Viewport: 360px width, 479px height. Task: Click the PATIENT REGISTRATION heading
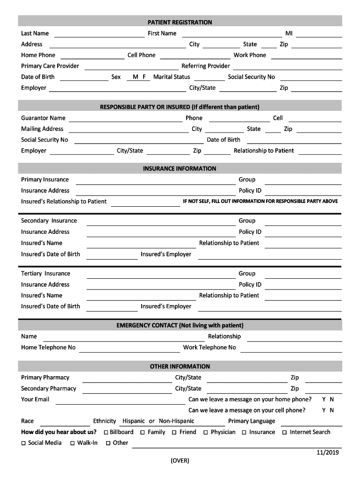(180, 22)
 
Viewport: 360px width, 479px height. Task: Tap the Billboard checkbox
(106, 433)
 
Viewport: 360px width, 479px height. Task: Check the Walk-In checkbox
(73, 443)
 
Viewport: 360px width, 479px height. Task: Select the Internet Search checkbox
(284, 433)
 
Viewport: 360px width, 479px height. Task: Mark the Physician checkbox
(206, 433)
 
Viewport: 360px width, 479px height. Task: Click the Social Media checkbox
(24, 443)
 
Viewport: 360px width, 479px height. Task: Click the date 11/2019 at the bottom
(327, 452)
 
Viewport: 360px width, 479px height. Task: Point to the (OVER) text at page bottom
(180, 461)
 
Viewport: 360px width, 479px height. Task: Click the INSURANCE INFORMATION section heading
(180, 168)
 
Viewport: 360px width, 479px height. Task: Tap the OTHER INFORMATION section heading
(180, 366)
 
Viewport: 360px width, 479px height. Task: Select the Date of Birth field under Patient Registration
(84, 78)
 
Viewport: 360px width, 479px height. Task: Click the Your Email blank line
(120, 400)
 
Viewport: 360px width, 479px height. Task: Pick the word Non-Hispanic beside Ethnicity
(177, 421)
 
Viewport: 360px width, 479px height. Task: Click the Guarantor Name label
(43, 118)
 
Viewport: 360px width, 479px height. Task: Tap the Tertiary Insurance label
(45, 274)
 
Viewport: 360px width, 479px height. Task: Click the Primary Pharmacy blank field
(127, 378)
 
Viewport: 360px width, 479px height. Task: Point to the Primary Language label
(252, 421)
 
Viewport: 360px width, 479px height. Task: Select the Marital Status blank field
(209, 78)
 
